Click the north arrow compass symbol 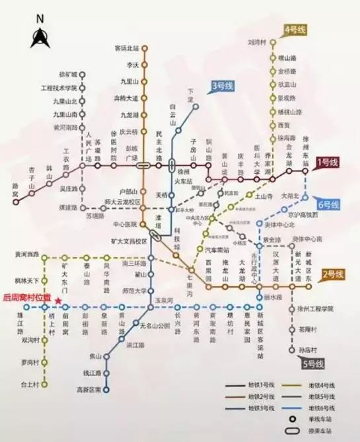click(x=38, y=34)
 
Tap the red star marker click(x=59, y=301)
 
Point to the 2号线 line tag click(x=333, y=273)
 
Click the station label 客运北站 click(x=127, y=48)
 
